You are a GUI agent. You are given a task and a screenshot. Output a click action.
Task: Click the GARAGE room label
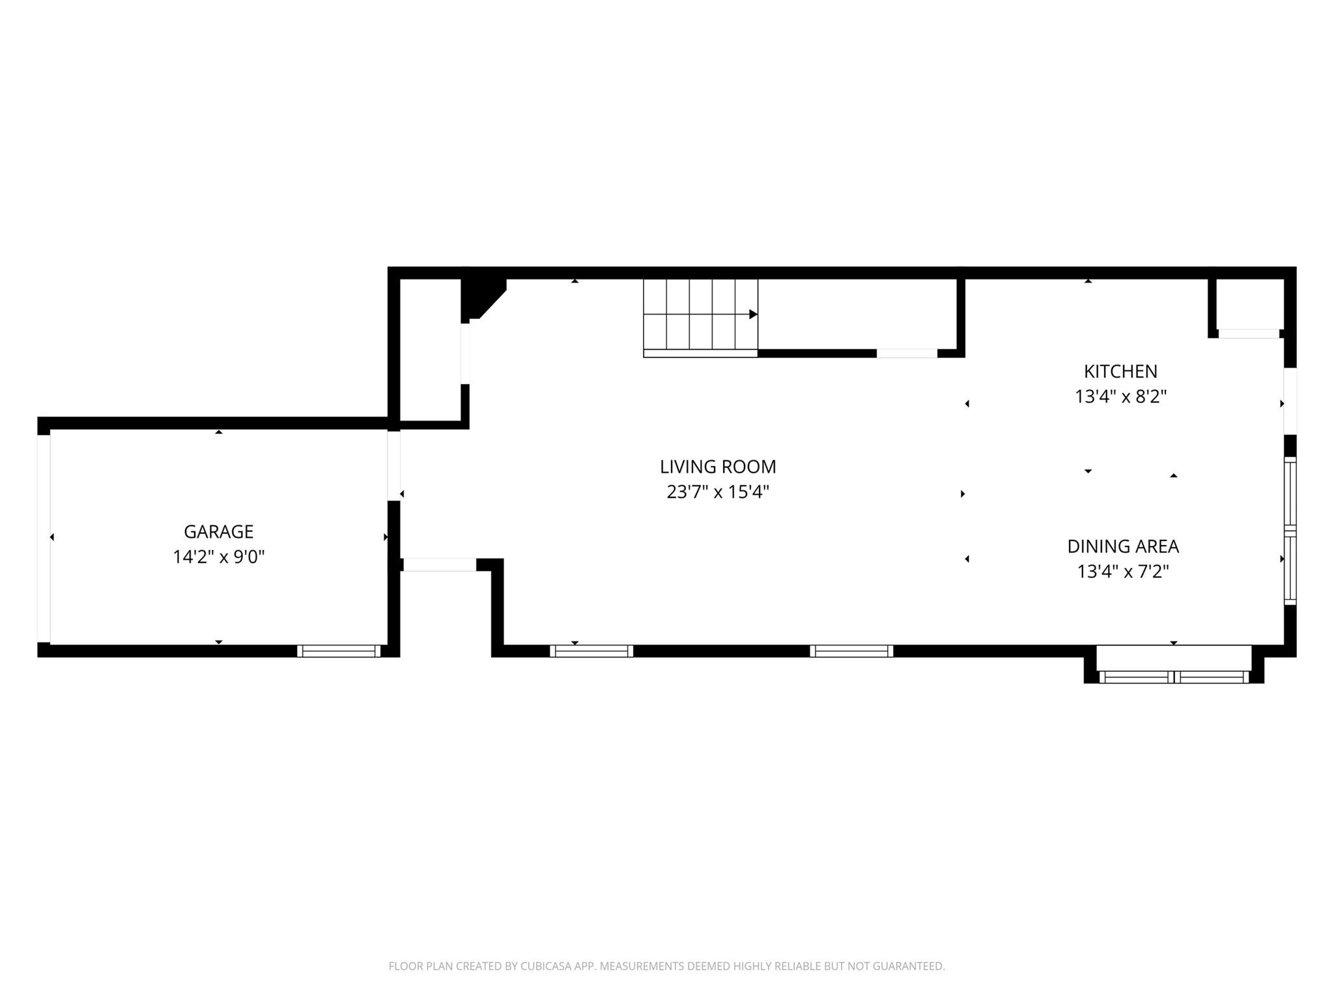(x=218, y=532)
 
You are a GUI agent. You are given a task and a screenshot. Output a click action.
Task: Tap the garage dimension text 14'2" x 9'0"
(x=218, y=557)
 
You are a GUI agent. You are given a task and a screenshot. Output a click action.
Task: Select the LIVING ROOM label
(x=718, y=467)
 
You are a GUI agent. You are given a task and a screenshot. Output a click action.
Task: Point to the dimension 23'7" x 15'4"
(x=718, y=492)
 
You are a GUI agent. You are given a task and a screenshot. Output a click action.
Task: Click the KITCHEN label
(x=1120, y=372)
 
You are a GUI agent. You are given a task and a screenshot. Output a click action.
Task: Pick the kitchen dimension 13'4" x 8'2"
(x=1120, y=396)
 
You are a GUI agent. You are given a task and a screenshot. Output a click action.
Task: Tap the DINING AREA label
(x=1122, y=546)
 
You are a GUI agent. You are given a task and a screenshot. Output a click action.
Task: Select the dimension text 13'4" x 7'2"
(x=1122, y=572)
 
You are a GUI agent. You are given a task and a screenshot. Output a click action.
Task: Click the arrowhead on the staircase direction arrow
(x=753, y=314)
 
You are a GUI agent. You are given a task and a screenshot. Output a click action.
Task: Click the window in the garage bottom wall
(x=339, y=650)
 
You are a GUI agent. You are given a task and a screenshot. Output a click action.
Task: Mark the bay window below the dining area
(x=1174, y=677)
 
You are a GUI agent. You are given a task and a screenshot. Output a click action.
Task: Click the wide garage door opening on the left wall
(x=44, y=538)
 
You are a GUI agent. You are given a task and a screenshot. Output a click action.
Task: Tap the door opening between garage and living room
(x=393, y=466)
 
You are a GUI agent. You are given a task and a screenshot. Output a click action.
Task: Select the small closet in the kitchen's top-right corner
(x=1249, y=305)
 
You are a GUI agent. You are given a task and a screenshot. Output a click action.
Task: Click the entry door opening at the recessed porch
(x=440, y=565)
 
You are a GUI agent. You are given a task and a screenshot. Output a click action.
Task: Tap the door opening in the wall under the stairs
(x=907, y=354)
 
